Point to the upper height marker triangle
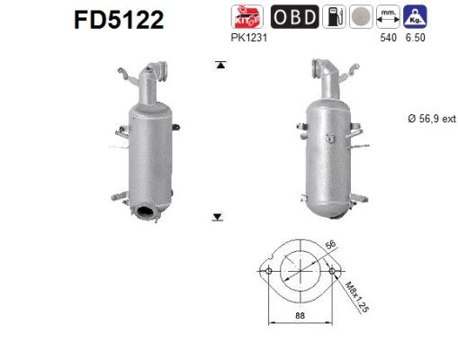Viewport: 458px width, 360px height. pos(218,65)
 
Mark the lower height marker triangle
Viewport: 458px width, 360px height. pos(218,216)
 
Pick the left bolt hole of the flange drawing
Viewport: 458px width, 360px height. pos(267,271)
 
